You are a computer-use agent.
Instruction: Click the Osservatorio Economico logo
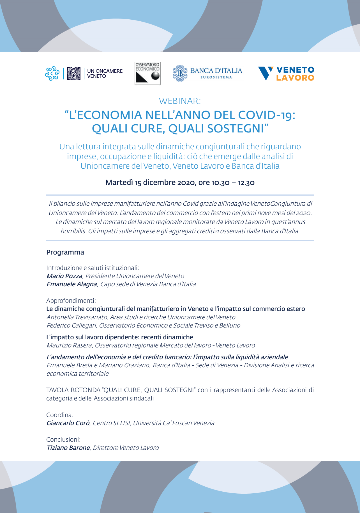tap(147, 73)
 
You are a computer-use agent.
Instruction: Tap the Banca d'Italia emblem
tap(180, 73)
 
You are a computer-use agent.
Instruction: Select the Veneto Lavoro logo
tap(286, 74)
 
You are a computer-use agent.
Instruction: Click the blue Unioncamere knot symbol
tap(52, 74)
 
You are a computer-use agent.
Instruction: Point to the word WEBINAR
tap(180, 101)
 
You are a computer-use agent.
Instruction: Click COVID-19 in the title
tap(266, 115)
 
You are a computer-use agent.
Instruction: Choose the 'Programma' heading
tap(65, 252)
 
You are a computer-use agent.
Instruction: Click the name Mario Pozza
tap(64, 276)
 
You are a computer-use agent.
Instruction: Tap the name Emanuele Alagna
tap(72, 284)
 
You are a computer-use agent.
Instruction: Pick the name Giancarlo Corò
tap(68, 423)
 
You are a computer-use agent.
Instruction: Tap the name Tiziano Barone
tap(68, 448)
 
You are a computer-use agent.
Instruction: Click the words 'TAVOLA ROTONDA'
tap(73, 390)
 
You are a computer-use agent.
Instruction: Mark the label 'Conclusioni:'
tap(63, 440)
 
